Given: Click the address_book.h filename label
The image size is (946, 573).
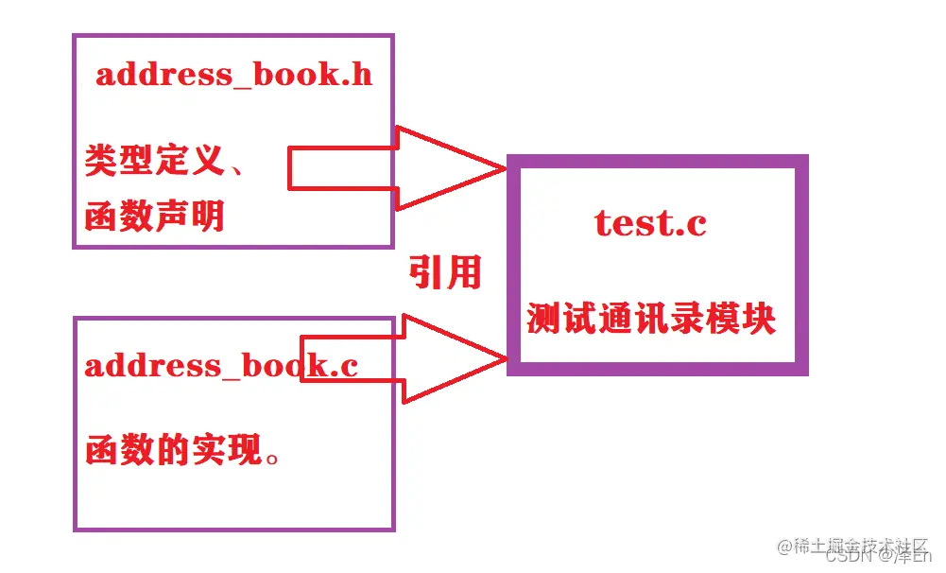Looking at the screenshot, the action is click(233, 75).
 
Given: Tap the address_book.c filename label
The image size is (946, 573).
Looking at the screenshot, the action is click(221, 365).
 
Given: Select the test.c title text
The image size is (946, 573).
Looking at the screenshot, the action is click(650, 223).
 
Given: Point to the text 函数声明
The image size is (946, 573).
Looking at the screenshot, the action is click(155, 217).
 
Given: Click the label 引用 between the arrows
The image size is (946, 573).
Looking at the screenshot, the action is click(445, 273).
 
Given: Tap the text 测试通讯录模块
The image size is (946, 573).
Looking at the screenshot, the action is click(651, 320).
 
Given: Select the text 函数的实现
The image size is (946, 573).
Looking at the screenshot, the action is click(173, 450).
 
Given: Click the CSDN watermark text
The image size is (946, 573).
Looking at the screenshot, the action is click(847, 558).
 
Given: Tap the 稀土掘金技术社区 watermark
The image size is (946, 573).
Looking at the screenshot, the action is click(853, 547).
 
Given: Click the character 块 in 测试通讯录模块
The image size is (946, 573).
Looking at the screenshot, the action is click(758, 320).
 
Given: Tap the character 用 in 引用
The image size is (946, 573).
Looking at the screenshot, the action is click(464, 273).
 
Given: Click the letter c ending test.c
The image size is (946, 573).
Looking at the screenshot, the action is click(696, 225).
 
